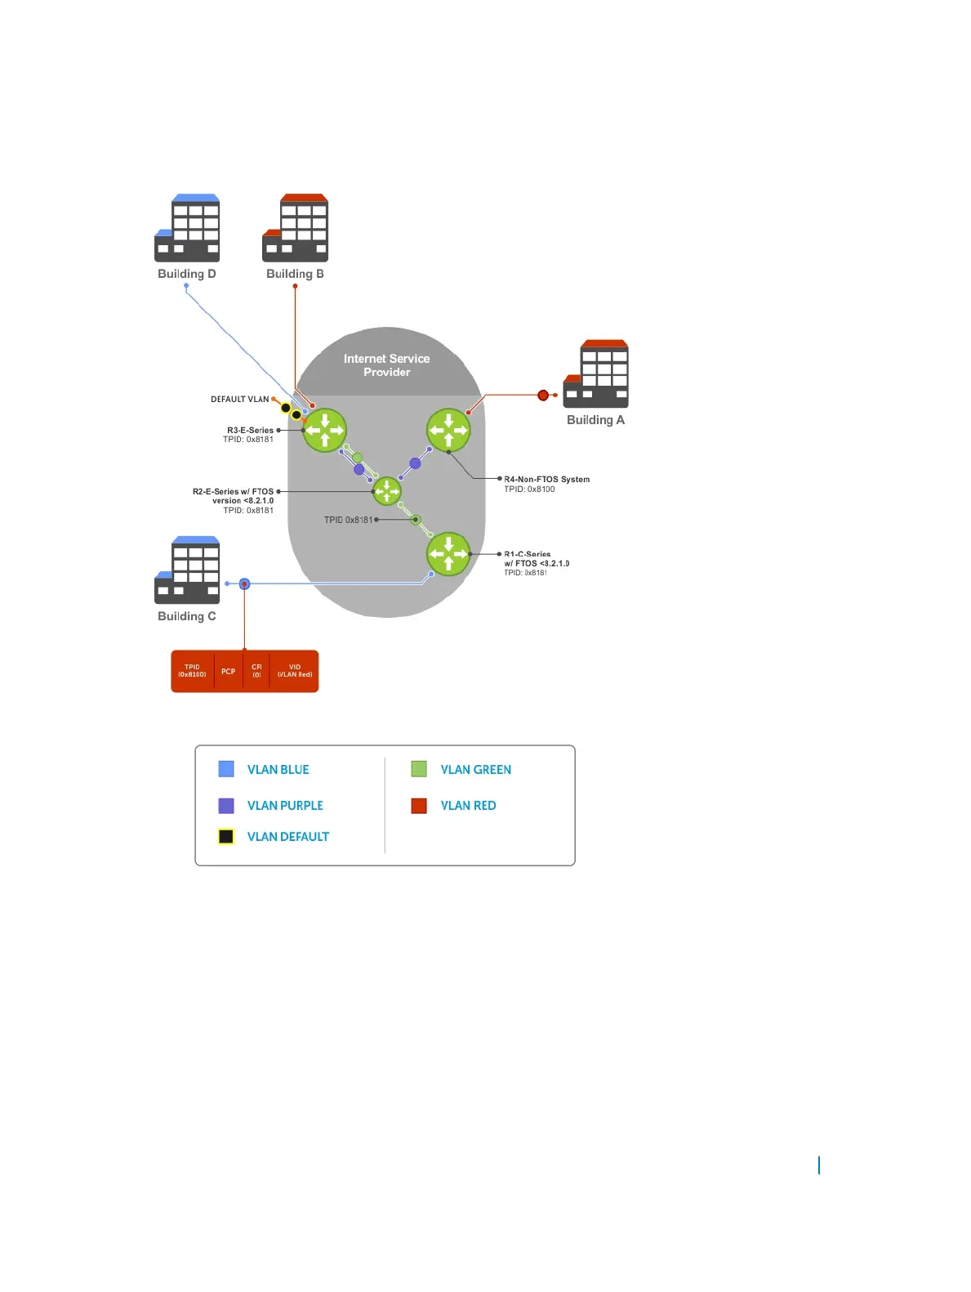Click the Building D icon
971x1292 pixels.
(x=187, y=228)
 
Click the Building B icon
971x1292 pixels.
(x=295, y=228)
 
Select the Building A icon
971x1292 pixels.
(x=596, y=373)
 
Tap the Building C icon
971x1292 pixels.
(x=187, y=570)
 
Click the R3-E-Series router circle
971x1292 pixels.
(x=324, y=430)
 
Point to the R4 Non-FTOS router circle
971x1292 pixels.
(x=448, y=430)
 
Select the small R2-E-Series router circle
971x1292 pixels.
(x=386, y=491)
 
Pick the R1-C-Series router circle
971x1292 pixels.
(x=448, y=554)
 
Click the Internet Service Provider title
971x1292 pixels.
(x=386, y=364)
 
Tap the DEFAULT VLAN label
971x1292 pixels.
(x=239, y=400)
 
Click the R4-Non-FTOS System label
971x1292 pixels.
(x=546, y=480)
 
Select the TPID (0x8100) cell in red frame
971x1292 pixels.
(x=192, y=671)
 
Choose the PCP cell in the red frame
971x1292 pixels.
(x=228, y=672)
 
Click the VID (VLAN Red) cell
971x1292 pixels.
(x=294, y=671)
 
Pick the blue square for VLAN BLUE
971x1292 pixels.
(x=226, y=769)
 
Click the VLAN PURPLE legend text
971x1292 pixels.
(x=285, y=806)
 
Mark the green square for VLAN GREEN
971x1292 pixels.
(x=419, y=769)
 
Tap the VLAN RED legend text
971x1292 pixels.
(x=468, y=806)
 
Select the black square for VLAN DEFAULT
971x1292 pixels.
(x=226, y=837)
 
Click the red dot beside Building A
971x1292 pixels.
(x=543, y=396)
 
